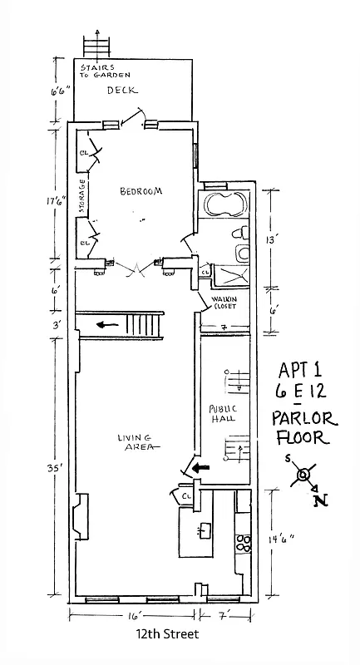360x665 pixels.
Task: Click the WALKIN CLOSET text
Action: point(224,302)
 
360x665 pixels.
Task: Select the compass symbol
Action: point(305,475)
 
